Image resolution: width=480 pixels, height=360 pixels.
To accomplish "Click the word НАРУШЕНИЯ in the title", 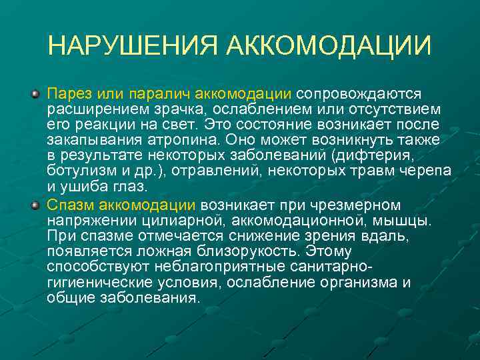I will coord(133,46).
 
